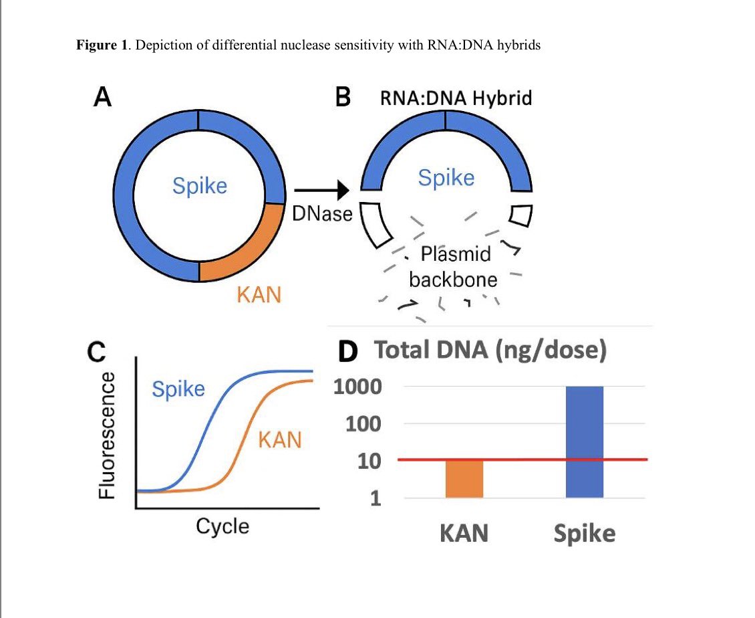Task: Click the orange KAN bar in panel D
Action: click(x=464, y=478)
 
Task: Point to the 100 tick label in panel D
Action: click(x=363, y=424)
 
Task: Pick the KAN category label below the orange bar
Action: click(x=464, y=533)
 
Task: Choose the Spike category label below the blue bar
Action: click(x=584, y=533)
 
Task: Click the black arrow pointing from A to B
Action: click(x=321, y=191)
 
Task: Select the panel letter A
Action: click(x=102, y=98)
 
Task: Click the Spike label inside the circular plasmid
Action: click(x=199, y=185)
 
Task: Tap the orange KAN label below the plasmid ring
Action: click(x=259, y=294)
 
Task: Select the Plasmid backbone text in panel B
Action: click(x=454, y=266)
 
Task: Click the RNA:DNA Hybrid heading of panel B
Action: click(x=456, y=98)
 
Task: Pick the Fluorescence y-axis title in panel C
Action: click(x=107, y=435)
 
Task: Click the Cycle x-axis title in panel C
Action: click(x=222, y=526)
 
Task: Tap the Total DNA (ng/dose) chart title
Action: click(x=490, y=350)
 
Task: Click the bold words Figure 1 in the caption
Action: click(x=104, y=45)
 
